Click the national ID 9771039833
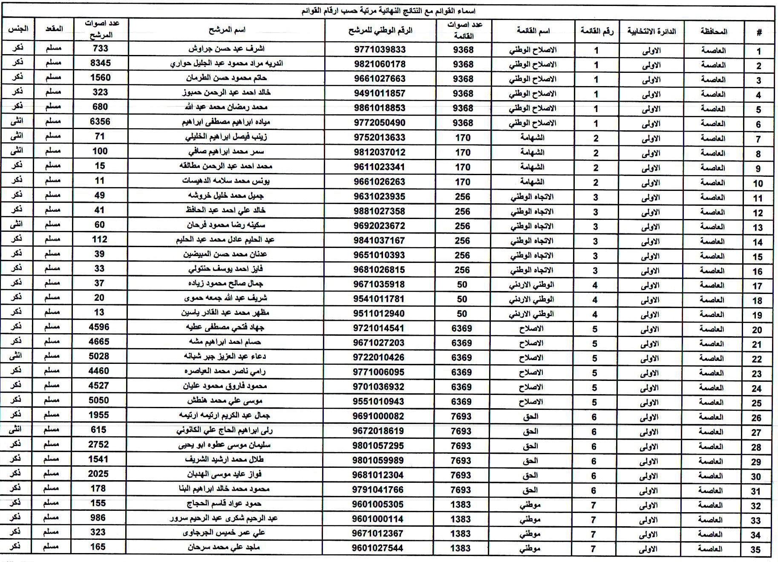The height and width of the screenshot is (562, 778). click(380, 49)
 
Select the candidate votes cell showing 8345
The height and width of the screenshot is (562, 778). click(101, 63)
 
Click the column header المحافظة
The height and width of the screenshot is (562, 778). click(714, 31)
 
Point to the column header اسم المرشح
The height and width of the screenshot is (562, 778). click(227, 30)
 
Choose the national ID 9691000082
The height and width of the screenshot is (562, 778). click(378, 416)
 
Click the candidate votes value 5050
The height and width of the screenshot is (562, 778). click(99, 400)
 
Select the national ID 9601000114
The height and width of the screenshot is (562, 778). click(378, 519)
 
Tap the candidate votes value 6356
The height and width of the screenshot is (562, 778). click(100, 121)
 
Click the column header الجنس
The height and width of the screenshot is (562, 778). click(18, 29)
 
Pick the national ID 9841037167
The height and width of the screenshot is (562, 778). click(379, 240)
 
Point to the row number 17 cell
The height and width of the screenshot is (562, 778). click(757, 286)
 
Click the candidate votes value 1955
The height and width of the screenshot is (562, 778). click(99, 415)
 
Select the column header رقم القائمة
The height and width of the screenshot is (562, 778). click(597, 31)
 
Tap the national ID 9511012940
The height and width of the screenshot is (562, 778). click(378, 314)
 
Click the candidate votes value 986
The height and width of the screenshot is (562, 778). click(98, 518)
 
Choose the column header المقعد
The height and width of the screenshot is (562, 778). click(54, 29)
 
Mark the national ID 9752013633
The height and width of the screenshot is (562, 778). click(379, 138)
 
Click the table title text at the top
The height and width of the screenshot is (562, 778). click(389, 11)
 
